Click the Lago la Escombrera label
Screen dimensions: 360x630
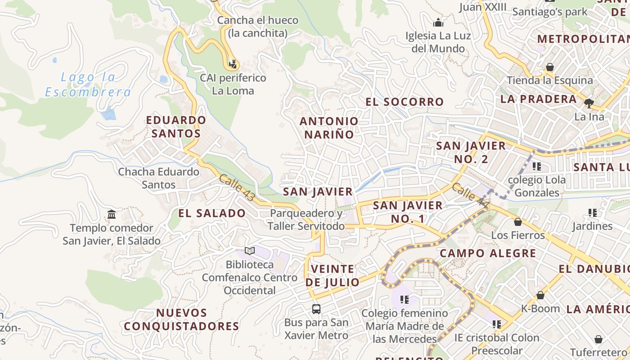88,85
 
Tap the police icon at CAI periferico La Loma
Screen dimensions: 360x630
233,65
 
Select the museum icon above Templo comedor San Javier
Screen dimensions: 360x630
112,214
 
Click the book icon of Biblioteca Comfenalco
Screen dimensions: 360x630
250,251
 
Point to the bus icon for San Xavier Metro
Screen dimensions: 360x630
316,309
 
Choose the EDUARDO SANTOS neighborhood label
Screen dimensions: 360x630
176,127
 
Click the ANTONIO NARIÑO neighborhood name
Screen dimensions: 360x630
329,128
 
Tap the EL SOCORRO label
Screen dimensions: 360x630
405,102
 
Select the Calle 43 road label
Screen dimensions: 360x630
237,188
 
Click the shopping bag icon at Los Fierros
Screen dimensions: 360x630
518,222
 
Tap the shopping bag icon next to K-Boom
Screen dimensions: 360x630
540,295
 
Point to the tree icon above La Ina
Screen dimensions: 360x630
589,103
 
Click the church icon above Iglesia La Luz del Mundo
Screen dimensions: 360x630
438,22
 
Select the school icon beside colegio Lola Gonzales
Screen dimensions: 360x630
536,166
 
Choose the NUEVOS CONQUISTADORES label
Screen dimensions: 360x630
181,319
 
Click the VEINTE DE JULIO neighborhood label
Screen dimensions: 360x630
333,276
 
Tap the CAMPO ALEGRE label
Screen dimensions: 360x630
488,253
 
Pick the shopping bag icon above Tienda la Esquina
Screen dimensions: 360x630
549,67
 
